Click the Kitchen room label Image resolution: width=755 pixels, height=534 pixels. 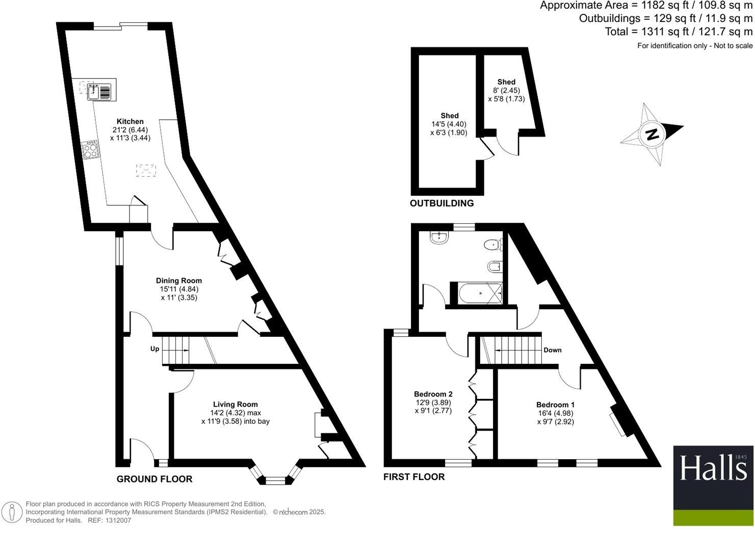pos(130,121)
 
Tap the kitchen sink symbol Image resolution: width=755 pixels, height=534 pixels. pos(99,92)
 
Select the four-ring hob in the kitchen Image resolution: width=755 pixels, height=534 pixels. pos(90,150)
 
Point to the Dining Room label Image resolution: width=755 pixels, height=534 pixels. pos(178,281)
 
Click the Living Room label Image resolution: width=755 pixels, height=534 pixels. pos(235,404)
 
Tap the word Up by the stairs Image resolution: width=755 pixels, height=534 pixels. pos(154,349)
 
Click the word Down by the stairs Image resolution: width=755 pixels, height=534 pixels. pos(553,350)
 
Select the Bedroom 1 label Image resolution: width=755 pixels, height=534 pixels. pos(556,405)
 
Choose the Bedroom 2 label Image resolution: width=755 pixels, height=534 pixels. pos(433,394)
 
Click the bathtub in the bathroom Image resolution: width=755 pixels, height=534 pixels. pos(480,293)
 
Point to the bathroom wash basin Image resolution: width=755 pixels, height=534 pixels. pos(439,237)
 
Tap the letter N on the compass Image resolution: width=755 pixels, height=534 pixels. pos(652,135)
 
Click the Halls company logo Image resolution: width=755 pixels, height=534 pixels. pos(713,485)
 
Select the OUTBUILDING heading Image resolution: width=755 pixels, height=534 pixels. pos(441,203)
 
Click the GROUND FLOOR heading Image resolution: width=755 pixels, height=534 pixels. pos(154,479)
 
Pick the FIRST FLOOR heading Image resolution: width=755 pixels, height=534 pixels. pos(414,477)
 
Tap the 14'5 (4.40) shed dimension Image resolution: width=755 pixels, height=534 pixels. pos(449,124)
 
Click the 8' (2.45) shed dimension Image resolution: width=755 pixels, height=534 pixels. pos(506,90)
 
